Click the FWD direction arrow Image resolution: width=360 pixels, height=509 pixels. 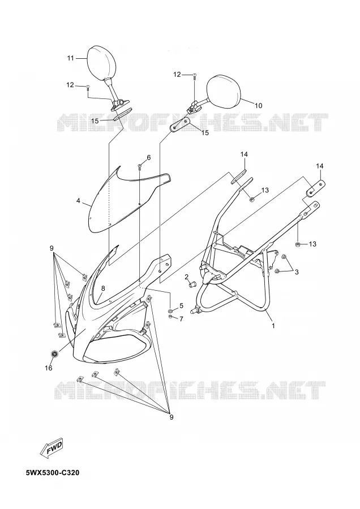point(52,448)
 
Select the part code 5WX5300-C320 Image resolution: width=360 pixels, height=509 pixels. point(53,473)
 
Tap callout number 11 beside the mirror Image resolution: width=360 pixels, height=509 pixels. point(71,58)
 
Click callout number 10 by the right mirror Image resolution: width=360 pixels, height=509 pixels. point(258,106)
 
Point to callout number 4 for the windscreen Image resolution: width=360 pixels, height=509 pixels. point(78,201)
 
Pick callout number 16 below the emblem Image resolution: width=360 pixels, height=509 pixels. point(49,368)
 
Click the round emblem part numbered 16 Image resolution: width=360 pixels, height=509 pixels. point(55,354)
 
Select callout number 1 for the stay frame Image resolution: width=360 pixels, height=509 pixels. point(273,325)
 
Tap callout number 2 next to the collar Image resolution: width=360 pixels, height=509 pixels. point(186,277)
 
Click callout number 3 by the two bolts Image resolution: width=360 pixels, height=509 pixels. point(296,272)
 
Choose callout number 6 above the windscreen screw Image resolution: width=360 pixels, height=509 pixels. point(148,158)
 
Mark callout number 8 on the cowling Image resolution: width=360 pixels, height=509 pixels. point(103,288)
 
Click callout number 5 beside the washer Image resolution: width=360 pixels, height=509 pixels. point(181,305)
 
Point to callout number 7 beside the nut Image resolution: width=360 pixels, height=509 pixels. point(181,319)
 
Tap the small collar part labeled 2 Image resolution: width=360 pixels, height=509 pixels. point(192,284)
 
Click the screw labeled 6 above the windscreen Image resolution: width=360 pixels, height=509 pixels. point(139,167)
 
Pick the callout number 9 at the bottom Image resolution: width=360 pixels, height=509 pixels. point(172,417)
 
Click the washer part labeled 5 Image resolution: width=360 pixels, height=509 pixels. point(170,309)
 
